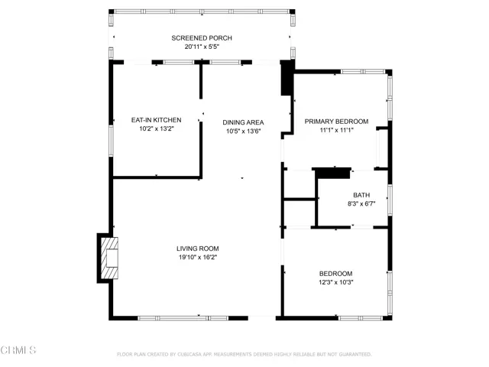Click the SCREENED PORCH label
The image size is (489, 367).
coord(202,38)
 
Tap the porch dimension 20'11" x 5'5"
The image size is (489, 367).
coord(202,47)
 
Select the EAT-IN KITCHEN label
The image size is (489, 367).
coord(156,120)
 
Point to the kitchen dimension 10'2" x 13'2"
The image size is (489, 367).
coord(156,128)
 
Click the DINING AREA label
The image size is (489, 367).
coord(243,122)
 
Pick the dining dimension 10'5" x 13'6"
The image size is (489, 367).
coord(243,131)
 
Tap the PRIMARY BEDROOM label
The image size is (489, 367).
coord(336,122)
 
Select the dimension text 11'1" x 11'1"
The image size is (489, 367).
coord(336,130)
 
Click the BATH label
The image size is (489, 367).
coord(361,195)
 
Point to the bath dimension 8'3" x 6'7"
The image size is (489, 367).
coord(361,204)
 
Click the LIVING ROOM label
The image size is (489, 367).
coord(198,248)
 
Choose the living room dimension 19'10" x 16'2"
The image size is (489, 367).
coord(198,257)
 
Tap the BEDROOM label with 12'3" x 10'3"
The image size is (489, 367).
coord(336,274)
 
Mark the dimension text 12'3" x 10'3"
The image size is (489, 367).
coord(336,282)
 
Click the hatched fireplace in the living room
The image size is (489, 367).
coord(109,258)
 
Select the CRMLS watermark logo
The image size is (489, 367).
coord(18,350)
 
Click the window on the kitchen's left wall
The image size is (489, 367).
coord(111,141)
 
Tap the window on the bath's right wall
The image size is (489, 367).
coord(390,200)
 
